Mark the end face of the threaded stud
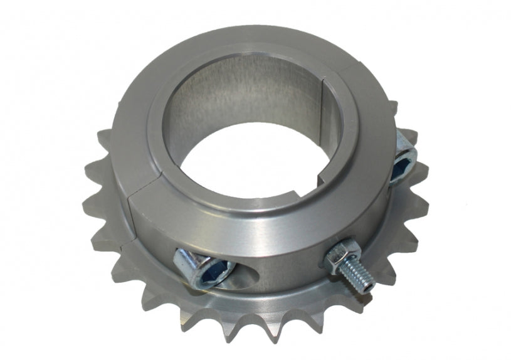click(x=371, y=287)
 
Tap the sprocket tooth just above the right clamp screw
click(x=408, y=134)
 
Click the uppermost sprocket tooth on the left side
click(x=104, y=135)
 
